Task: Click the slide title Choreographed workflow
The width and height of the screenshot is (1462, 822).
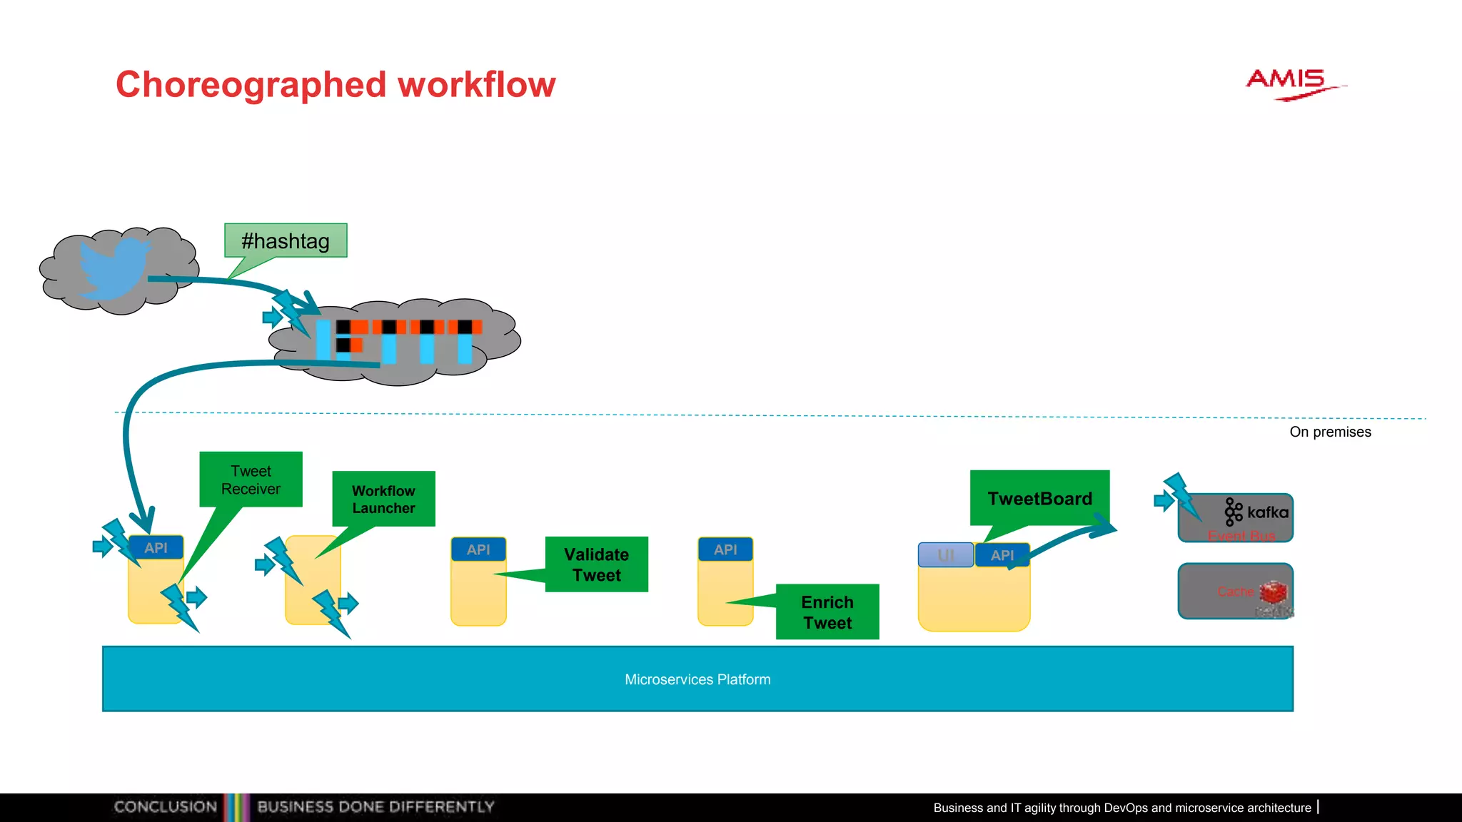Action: (x=336, y=84)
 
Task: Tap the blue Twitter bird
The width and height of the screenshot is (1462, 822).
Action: (x=114, y=268)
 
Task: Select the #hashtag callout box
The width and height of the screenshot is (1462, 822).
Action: (x=286, y=241)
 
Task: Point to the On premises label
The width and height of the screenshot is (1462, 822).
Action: (x=1330, y=432)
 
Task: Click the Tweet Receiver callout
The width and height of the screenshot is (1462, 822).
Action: (x=251, y=479)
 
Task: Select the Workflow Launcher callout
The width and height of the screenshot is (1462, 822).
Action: (x=383, y=499)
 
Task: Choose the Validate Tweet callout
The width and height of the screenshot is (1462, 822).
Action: (x=596, y=564)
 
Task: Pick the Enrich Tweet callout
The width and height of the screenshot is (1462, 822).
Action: (x=827, y=612)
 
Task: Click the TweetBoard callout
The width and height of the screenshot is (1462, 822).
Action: (x=1039, y=498)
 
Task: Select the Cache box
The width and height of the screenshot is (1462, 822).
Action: (x=1235, y=592)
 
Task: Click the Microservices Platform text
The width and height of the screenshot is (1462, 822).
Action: (x=697, y=679)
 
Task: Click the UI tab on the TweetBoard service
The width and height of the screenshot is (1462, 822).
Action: (x=945, y=555)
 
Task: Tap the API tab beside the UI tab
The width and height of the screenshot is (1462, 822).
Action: (x=1002, y=555)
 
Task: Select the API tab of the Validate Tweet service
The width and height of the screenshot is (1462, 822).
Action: (x=478, y=549)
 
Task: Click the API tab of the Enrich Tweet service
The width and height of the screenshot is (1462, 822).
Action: (x=725, y=549)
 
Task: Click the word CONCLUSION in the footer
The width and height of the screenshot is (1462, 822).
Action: (x=165, y=807)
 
